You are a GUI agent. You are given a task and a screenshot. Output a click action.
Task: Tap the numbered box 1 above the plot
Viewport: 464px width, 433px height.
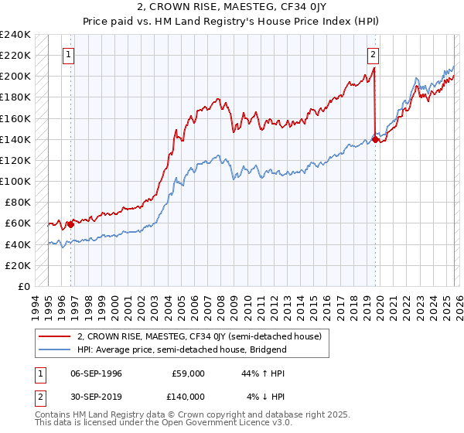point(70,55)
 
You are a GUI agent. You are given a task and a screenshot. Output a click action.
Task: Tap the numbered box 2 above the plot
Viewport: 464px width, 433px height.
point(373,55)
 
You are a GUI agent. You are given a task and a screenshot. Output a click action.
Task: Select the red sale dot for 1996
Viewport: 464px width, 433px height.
point(70,225)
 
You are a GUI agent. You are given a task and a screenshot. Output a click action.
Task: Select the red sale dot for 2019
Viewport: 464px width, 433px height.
point(375,139)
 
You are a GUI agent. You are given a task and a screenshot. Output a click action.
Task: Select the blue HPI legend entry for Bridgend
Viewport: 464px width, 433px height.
point(182,349)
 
